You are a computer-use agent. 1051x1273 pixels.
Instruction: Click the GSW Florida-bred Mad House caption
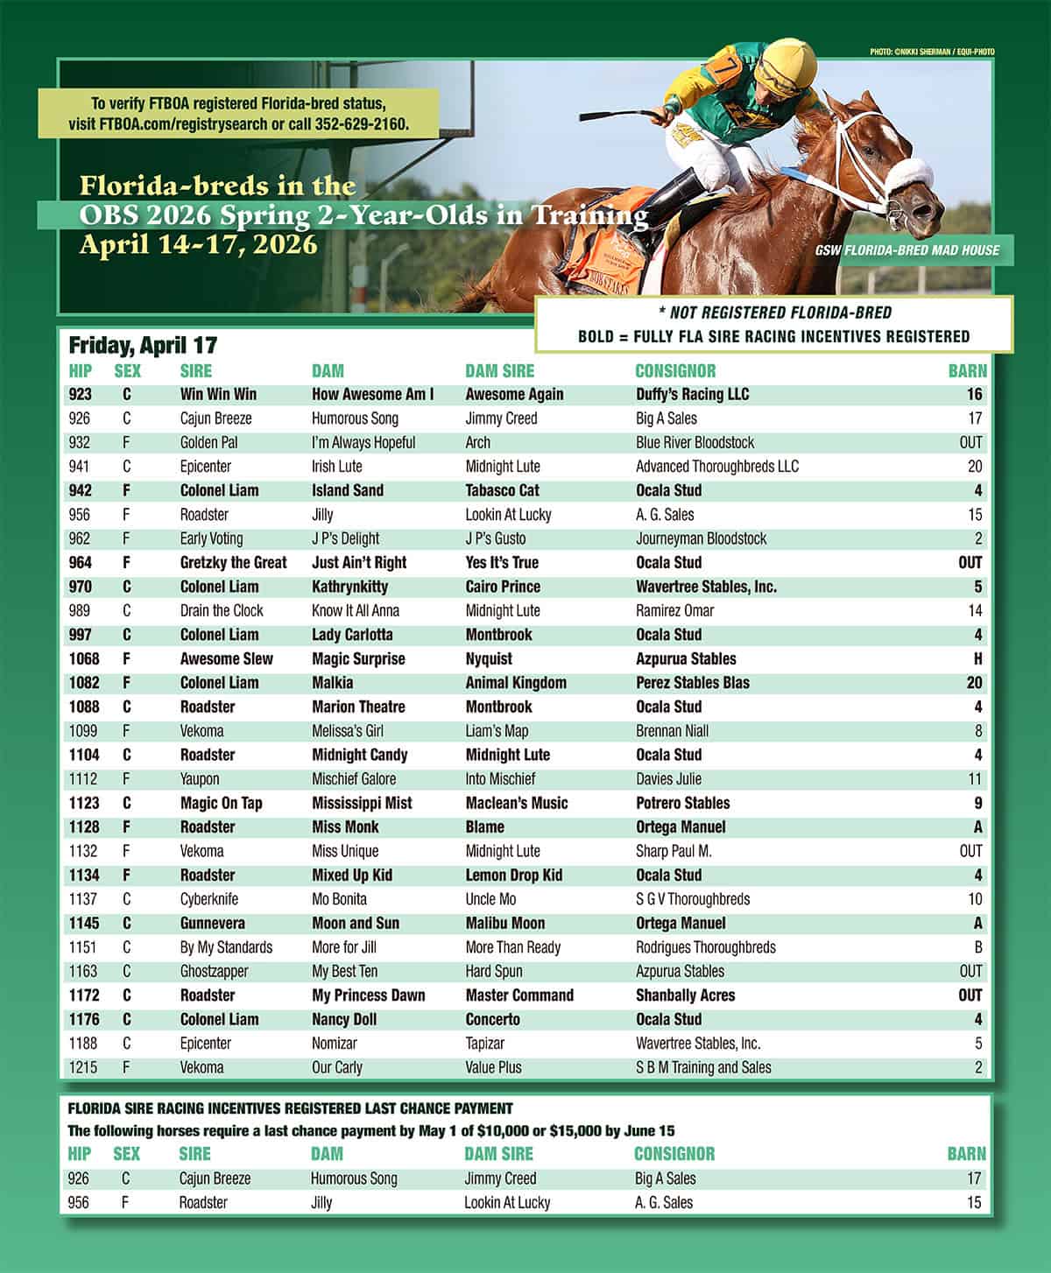click(x=907, y=250)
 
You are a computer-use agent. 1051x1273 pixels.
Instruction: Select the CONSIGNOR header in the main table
click(x=675, y=371)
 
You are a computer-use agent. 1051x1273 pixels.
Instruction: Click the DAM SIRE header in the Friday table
click(x=499, y=371)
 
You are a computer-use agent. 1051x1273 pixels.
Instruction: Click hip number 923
click(x=80, y=395)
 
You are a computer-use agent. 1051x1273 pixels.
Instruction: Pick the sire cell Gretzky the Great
click(x=233, y=563)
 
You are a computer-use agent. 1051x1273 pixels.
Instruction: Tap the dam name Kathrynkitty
click(x=349, y=587)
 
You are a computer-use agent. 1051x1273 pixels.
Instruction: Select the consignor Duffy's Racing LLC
click(x=692, y=395)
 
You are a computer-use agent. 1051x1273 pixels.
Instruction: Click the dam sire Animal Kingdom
click(x=516, y=683)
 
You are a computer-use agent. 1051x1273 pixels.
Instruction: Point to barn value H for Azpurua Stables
click(x=977, y=659)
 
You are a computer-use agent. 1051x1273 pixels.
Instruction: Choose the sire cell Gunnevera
click(x=212, y=924)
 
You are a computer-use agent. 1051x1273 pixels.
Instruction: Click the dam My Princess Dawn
click(x=368, y=995)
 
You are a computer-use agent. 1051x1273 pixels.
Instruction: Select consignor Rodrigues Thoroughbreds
click(x=705, y=947)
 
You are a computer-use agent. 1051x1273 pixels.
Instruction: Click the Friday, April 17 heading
click(x=143, y=346)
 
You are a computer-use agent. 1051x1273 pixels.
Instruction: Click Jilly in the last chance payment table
click(x=321, y=1203)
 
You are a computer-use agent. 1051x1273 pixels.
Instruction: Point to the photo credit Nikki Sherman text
click(x=932, y=53)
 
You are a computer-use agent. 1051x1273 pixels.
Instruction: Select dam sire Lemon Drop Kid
click(x=513, y=876)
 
